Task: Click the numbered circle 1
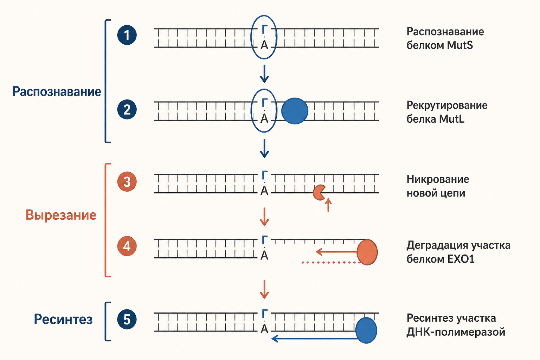tap(127, 35)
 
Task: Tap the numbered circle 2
tap(127, 109)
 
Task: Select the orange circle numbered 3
tap(127, 181)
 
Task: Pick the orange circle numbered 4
tap(127, 246)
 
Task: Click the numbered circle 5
tap(127, 319)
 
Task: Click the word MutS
tap(460, 45)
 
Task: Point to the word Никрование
tap(438, 179)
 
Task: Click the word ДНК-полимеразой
tap(456, 332)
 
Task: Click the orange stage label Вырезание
tap(61, 215)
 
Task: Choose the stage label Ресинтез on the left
tap(63, 319)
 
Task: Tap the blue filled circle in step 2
tap(295, 111)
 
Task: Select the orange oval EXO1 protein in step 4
tap(367, 252)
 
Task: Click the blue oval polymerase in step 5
tap(366, 330)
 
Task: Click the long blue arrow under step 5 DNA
tap(315, 339)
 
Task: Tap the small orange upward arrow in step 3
tap(328, 205)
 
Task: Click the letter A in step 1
tap(264, 45)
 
